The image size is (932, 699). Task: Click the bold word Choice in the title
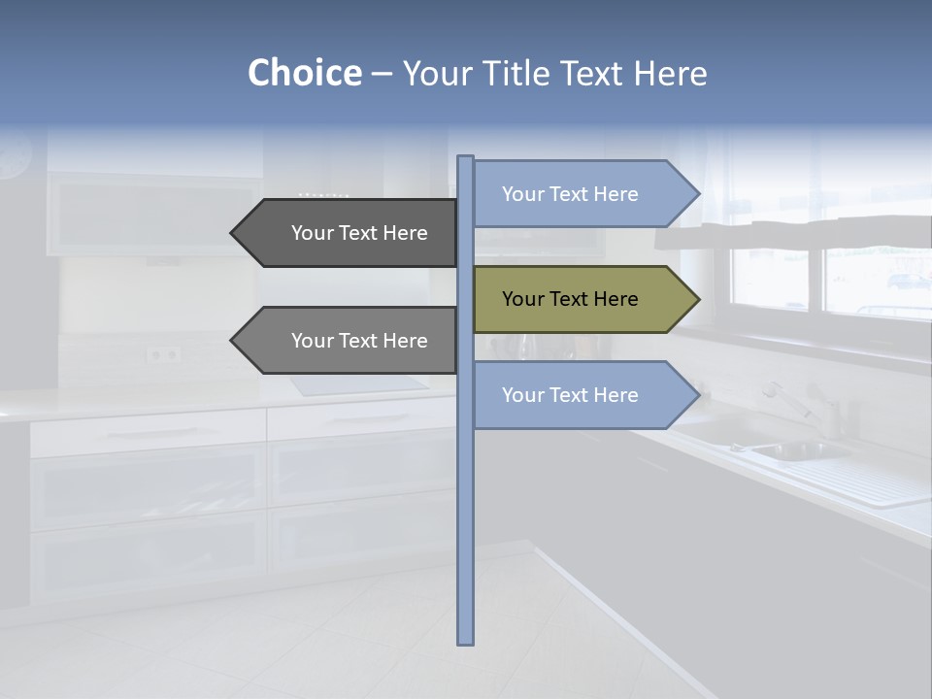point(304,73)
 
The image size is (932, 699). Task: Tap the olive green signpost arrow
point(582,299)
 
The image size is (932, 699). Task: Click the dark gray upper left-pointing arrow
point(349,233)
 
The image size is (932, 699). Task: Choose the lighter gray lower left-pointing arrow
point(349,341)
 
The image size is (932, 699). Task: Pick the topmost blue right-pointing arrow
point(582,194)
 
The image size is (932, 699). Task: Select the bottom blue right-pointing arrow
point(582,395)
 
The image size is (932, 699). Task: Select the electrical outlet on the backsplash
point(163,354)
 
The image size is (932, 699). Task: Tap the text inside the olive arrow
point(570,299)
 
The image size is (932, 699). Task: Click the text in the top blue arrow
point(570,194)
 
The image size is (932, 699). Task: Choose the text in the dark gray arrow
point(359,233)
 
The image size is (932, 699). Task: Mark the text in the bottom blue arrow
point(570,395)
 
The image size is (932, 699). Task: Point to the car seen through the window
point(909,282)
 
